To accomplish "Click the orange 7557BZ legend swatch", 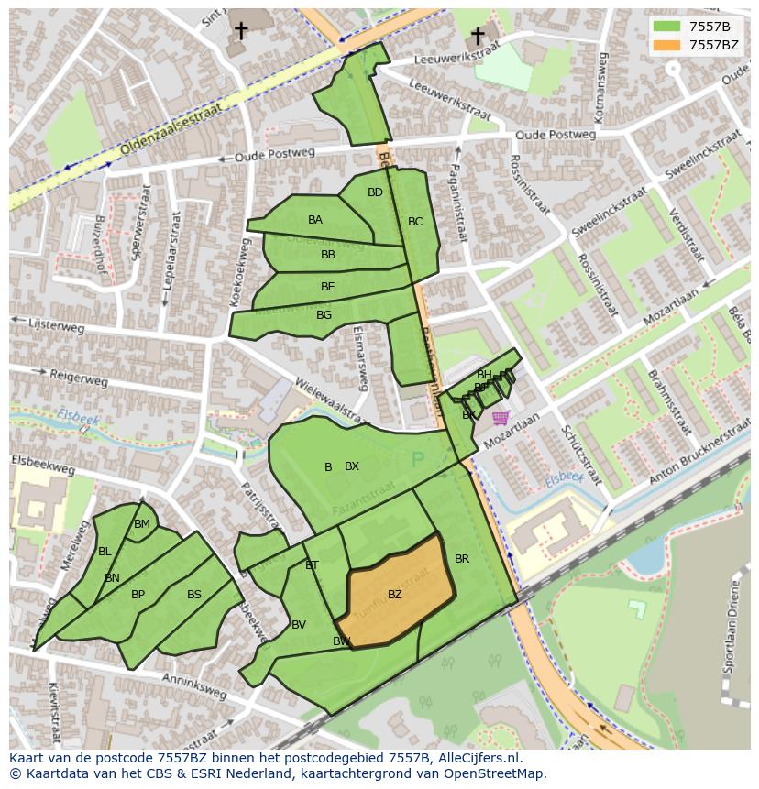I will click(x=667, y=45).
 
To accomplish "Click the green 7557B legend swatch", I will click(x=667, y=27).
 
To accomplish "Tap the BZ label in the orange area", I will click(x=395, y=595).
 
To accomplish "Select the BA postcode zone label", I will click(x=315, y=220).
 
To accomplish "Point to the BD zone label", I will click(x=375, y=192).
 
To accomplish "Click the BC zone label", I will click(x=415, y=222).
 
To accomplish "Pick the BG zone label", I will click(x=324, y=315).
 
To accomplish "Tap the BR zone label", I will click(x=462, y=559).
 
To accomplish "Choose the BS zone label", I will click(x=194, y=595).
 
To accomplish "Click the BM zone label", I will click(x=142, y=525).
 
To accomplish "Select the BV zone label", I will click(x=299, y=625).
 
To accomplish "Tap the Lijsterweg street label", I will click(x=57, y=325).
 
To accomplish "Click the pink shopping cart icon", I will click(x=500, y=418).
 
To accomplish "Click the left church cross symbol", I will click(x=241, y=31).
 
